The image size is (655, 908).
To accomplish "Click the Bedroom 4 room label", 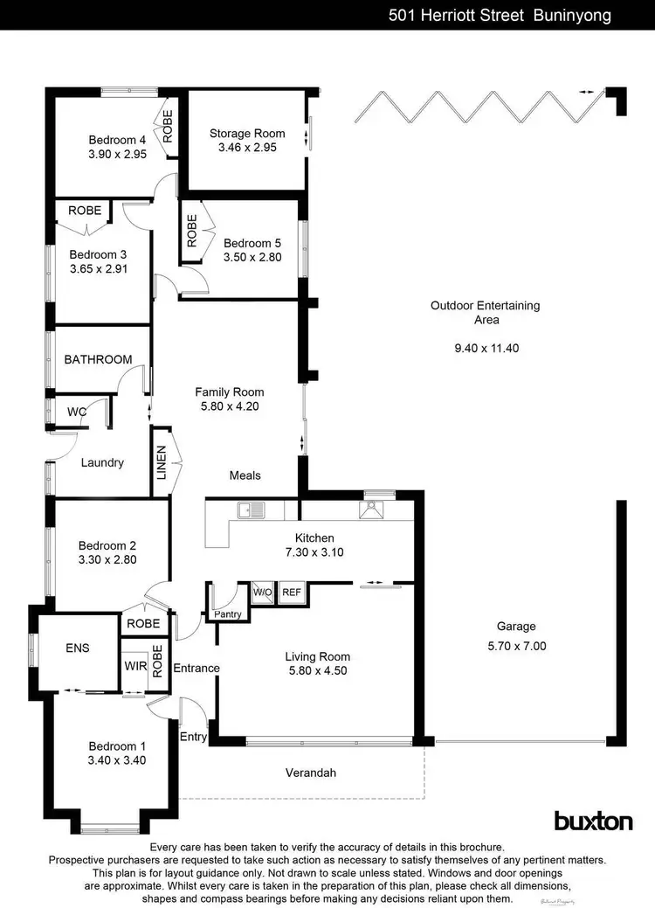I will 117,140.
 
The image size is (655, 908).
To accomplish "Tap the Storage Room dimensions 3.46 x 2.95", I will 246,148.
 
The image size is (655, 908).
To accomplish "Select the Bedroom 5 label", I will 252,243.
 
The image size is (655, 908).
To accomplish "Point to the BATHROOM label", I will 98,359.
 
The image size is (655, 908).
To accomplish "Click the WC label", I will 77,412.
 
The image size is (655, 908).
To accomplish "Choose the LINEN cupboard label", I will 162,463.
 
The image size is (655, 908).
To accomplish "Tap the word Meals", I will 245,475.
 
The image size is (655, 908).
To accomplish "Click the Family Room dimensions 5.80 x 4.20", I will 229,406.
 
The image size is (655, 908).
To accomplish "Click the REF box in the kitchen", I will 291,593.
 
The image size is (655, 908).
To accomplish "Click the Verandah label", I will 311,773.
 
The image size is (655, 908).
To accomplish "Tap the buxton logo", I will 593,821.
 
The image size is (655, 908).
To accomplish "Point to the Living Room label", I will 317,656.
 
